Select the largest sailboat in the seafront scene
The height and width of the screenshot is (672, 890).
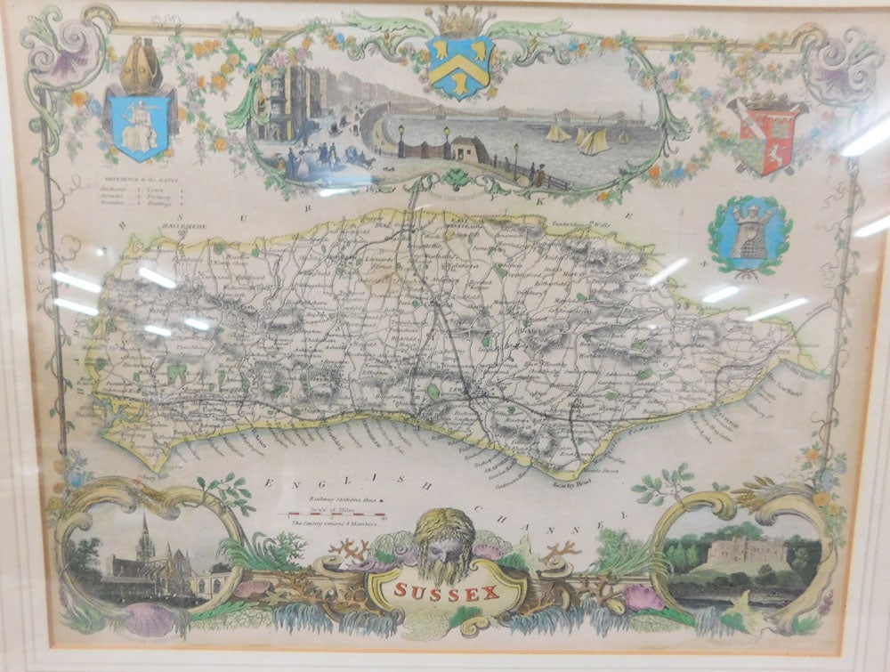tap(593, 140)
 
